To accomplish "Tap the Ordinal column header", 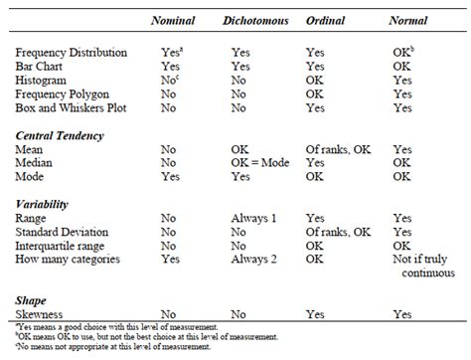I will pos(324,21).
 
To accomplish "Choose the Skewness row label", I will pos(45,312).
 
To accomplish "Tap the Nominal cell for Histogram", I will pos(170,77).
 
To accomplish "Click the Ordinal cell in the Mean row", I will pos(338,148).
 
